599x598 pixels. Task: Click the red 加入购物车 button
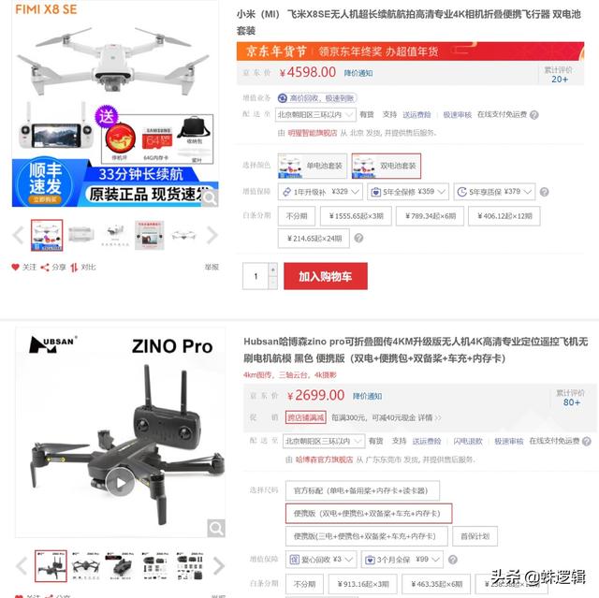(325, 276)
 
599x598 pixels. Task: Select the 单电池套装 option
(312, 166)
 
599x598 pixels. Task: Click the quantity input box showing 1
(256, 276)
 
